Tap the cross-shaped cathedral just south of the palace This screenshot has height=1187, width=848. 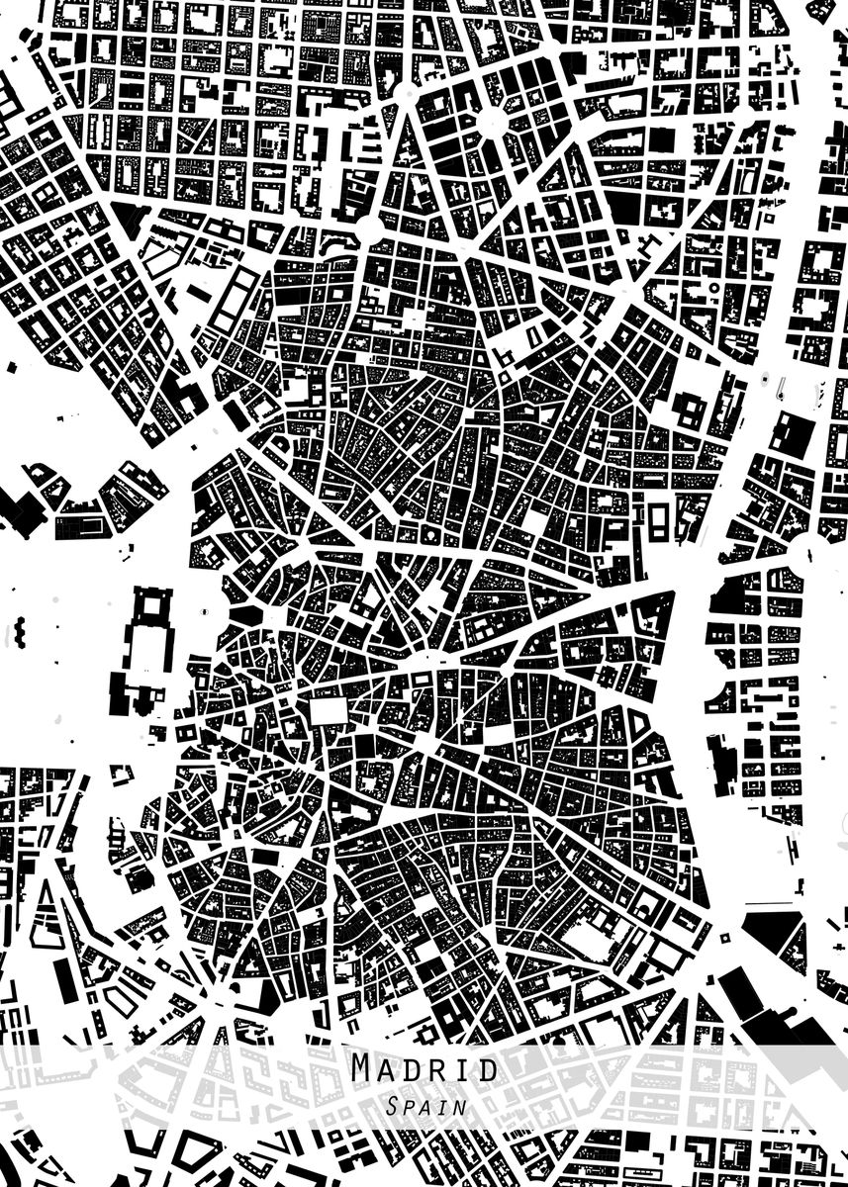tap(123, 692)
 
